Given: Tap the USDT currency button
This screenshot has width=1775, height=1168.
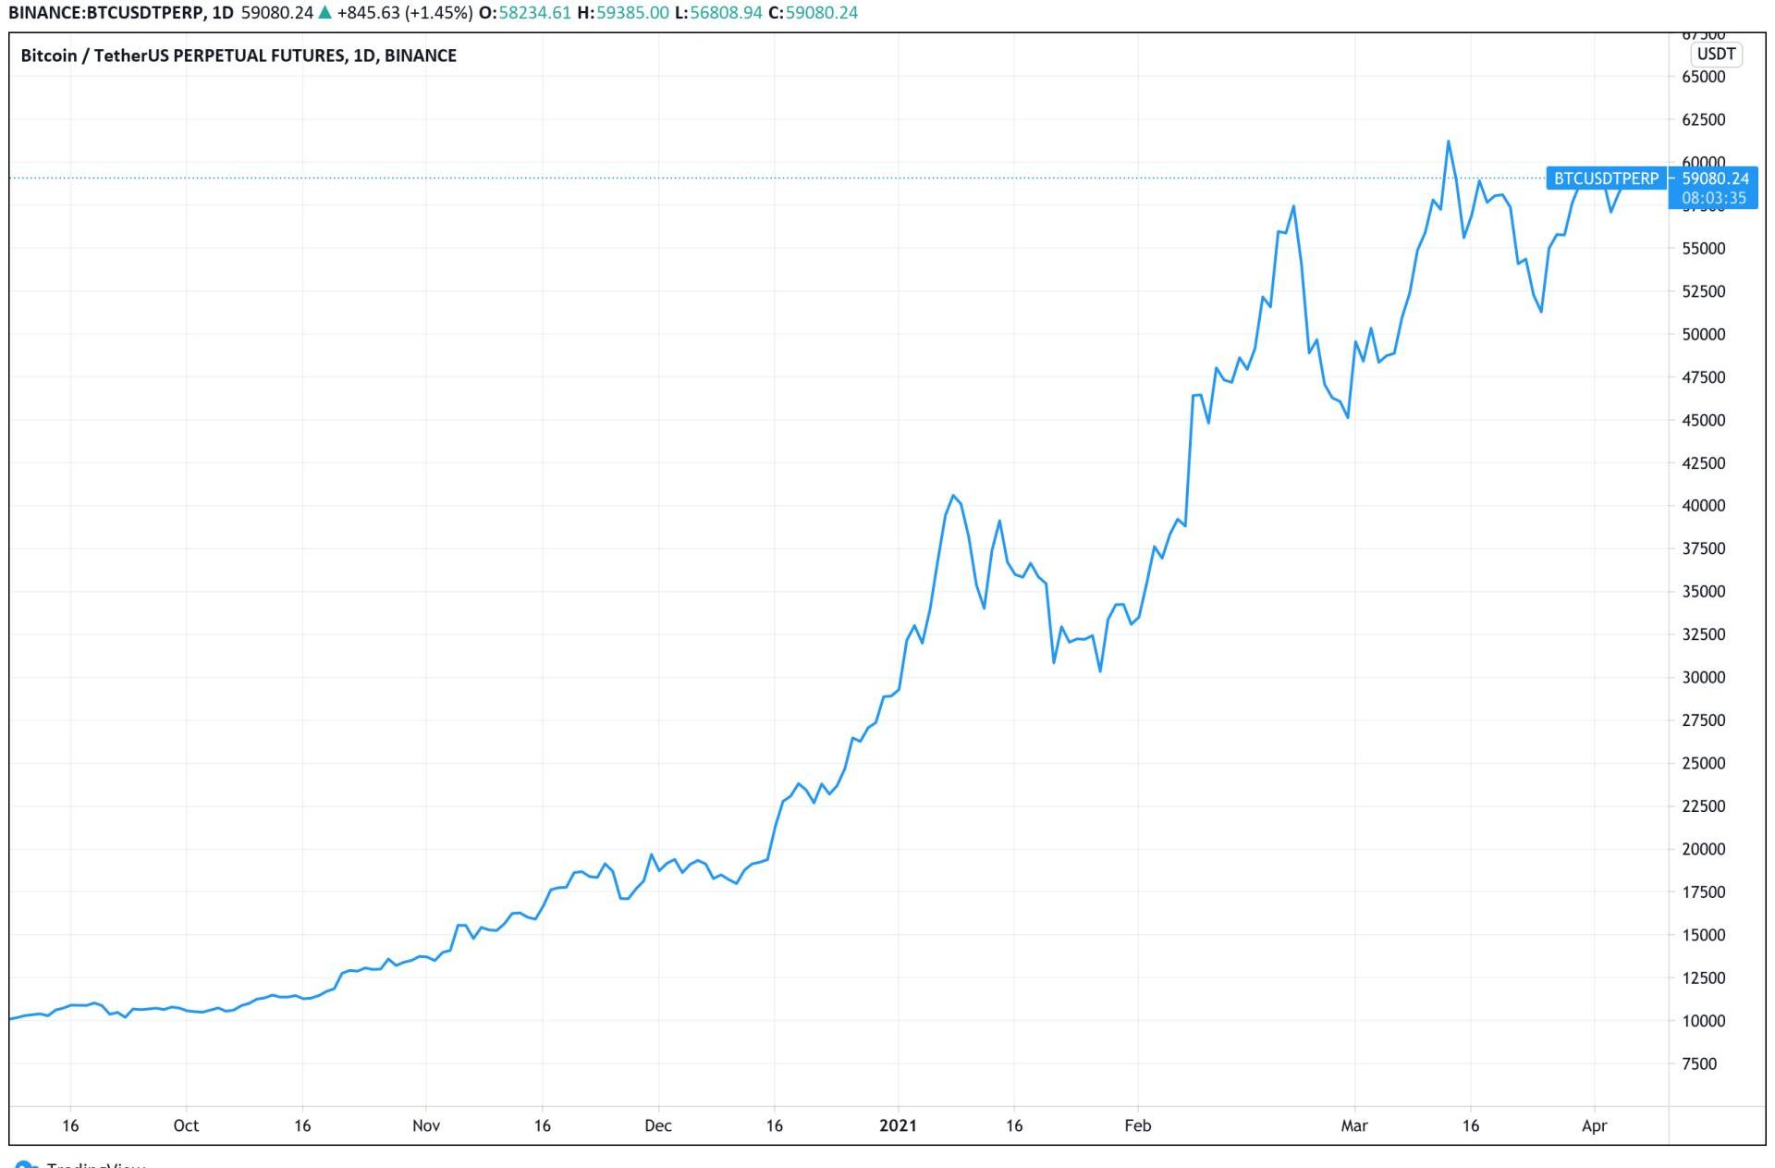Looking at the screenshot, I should pyautogui.click(x=1716, y=54).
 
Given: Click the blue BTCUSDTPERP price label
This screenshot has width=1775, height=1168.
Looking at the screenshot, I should pyautogui.click(x=1606, y=178).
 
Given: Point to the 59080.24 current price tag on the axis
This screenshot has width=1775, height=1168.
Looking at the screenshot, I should pyautogui.click(x=1715, y=178).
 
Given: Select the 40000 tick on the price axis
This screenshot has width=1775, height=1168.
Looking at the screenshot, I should pyautogui.click(x=1703, y=506).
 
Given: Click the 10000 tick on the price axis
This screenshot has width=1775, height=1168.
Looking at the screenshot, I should pyautogui.click(x=1703, y=1021).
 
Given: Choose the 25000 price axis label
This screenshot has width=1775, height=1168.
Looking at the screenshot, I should pyautogui.click(x=1703, y=764).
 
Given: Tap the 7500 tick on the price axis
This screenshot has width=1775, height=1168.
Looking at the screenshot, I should pyautogui.click(x=1699, y=1063).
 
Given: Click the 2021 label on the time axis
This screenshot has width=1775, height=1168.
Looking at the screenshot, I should pyautogui.click(x=898, y=1125).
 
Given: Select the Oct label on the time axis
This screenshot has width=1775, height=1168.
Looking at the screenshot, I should pyautogui.click(x=186, y=1125).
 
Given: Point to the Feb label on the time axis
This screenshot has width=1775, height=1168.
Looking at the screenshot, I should pyautogui.click(x=1137, y=1125).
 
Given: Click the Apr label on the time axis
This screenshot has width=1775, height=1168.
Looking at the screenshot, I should pyautogui.click(x=1594, y=1125).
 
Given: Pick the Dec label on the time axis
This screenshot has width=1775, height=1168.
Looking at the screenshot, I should pyautogui.click(x=658, y=1125).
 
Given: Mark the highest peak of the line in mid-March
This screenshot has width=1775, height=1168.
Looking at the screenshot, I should pyautogui.click(x=1448, y=141).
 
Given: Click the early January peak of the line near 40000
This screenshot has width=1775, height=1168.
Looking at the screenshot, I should pyautogui.click(x=953, y=496).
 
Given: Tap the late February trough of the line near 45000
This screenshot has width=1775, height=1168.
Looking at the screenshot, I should pyautogui.click(x=1348, y=417).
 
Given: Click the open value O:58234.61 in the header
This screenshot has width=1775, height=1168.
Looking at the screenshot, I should pyautogui.click(x=524, y=13).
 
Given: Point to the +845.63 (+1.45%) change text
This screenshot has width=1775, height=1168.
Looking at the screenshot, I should pyautogui.click(x=405, y=13).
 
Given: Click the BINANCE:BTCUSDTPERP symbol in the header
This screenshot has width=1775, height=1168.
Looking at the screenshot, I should pyautogui.click(x=106, y=13).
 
